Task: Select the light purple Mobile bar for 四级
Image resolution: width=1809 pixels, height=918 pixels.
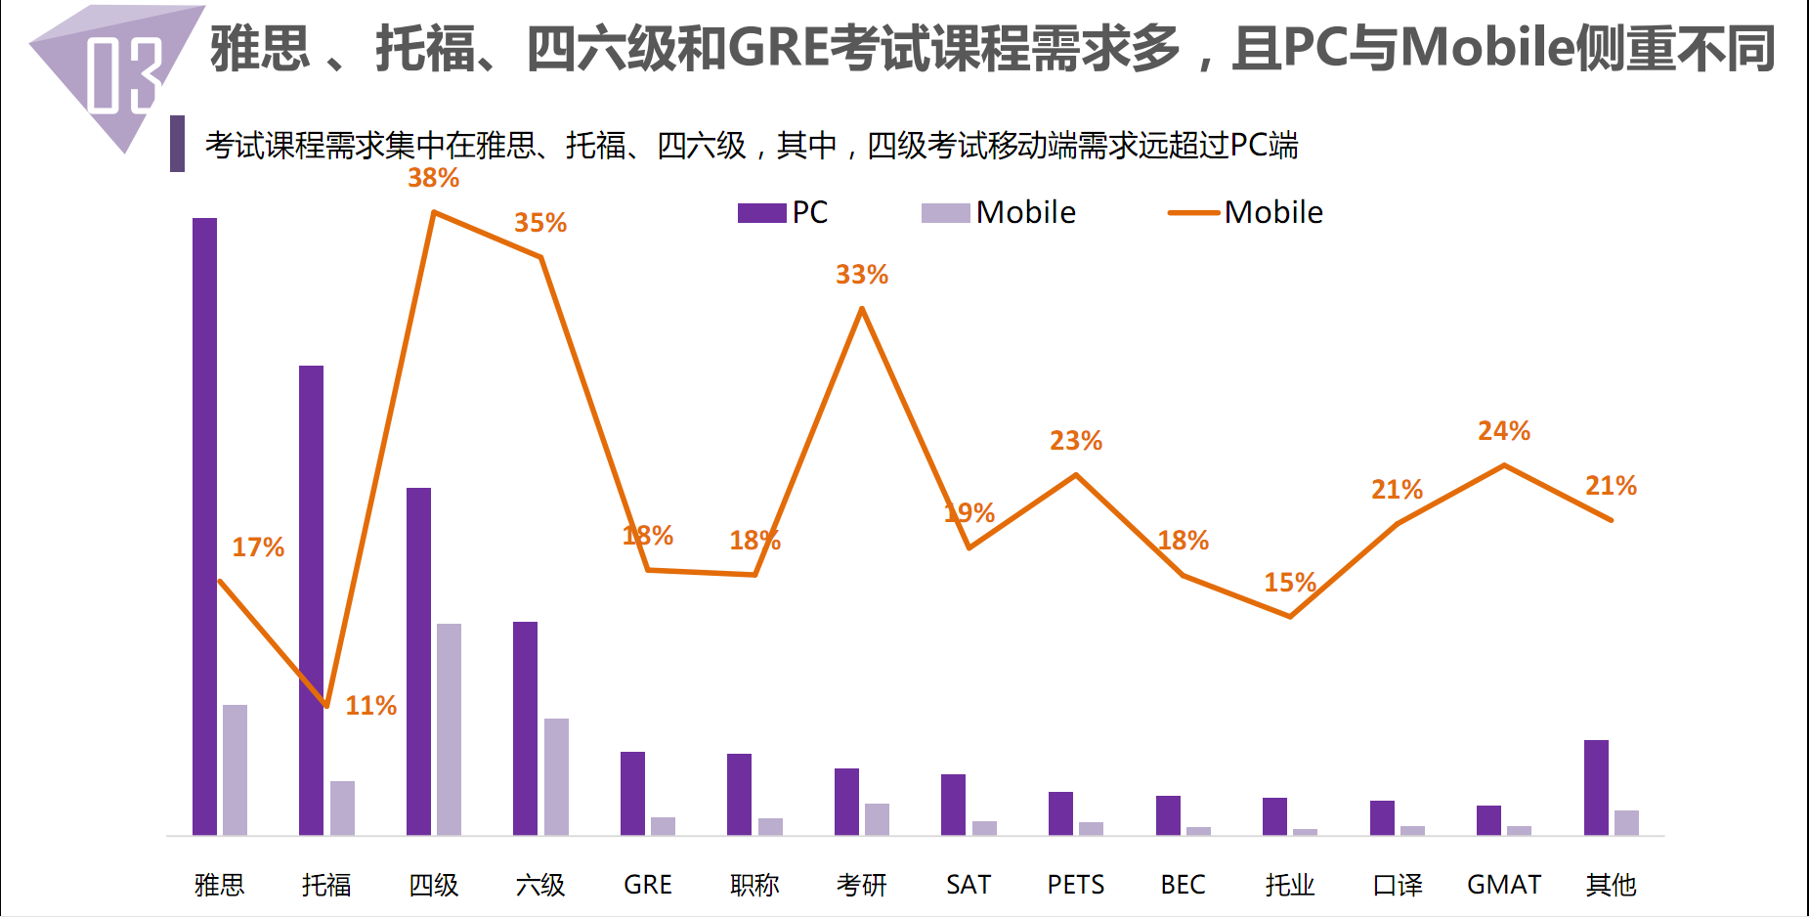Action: pyautogui.click(x=449, y=729)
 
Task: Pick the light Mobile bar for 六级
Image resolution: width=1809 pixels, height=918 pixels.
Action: pyautogui.click(x=556, y=776)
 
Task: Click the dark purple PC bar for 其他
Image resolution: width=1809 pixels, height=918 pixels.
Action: pyautogui.click(x=1596, y=787)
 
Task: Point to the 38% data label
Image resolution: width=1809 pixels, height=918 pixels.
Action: pyautogui.click(x=433, y=178)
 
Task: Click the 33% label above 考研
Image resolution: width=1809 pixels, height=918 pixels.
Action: pyautogui.click(x=861, y=275)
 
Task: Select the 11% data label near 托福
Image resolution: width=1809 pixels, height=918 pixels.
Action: pyautogui.click(x=370, y=706)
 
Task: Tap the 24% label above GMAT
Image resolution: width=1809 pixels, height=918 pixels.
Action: pyautogui.click(x=1503, y=431)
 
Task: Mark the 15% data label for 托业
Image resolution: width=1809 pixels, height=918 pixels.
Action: pyautogui.click(x=1289, y=583)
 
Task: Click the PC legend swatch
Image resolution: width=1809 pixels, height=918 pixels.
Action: pyautogui.click(x=761, y=213)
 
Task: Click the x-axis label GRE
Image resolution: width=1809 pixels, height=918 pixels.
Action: pyautogui.click(x=647, y=885)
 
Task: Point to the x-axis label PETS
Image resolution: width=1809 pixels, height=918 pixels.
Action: pyautogui.click(x=1075, y=885)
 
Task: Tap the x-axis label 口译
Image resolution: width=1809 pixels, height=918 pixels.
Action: pyautogui.click(x=1397, y=885)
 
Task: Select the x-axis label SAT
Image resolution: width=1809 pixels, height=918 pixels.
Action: pyautogui.click(x=968, y=885)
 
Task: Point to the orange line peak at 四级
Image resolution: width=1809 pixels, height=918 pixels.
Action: pyautogui.click(x=433, y=212)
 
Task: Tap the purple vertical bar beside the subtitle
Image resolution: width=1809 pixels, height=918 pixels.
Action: pyautogui.click(x=177, y=144)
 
